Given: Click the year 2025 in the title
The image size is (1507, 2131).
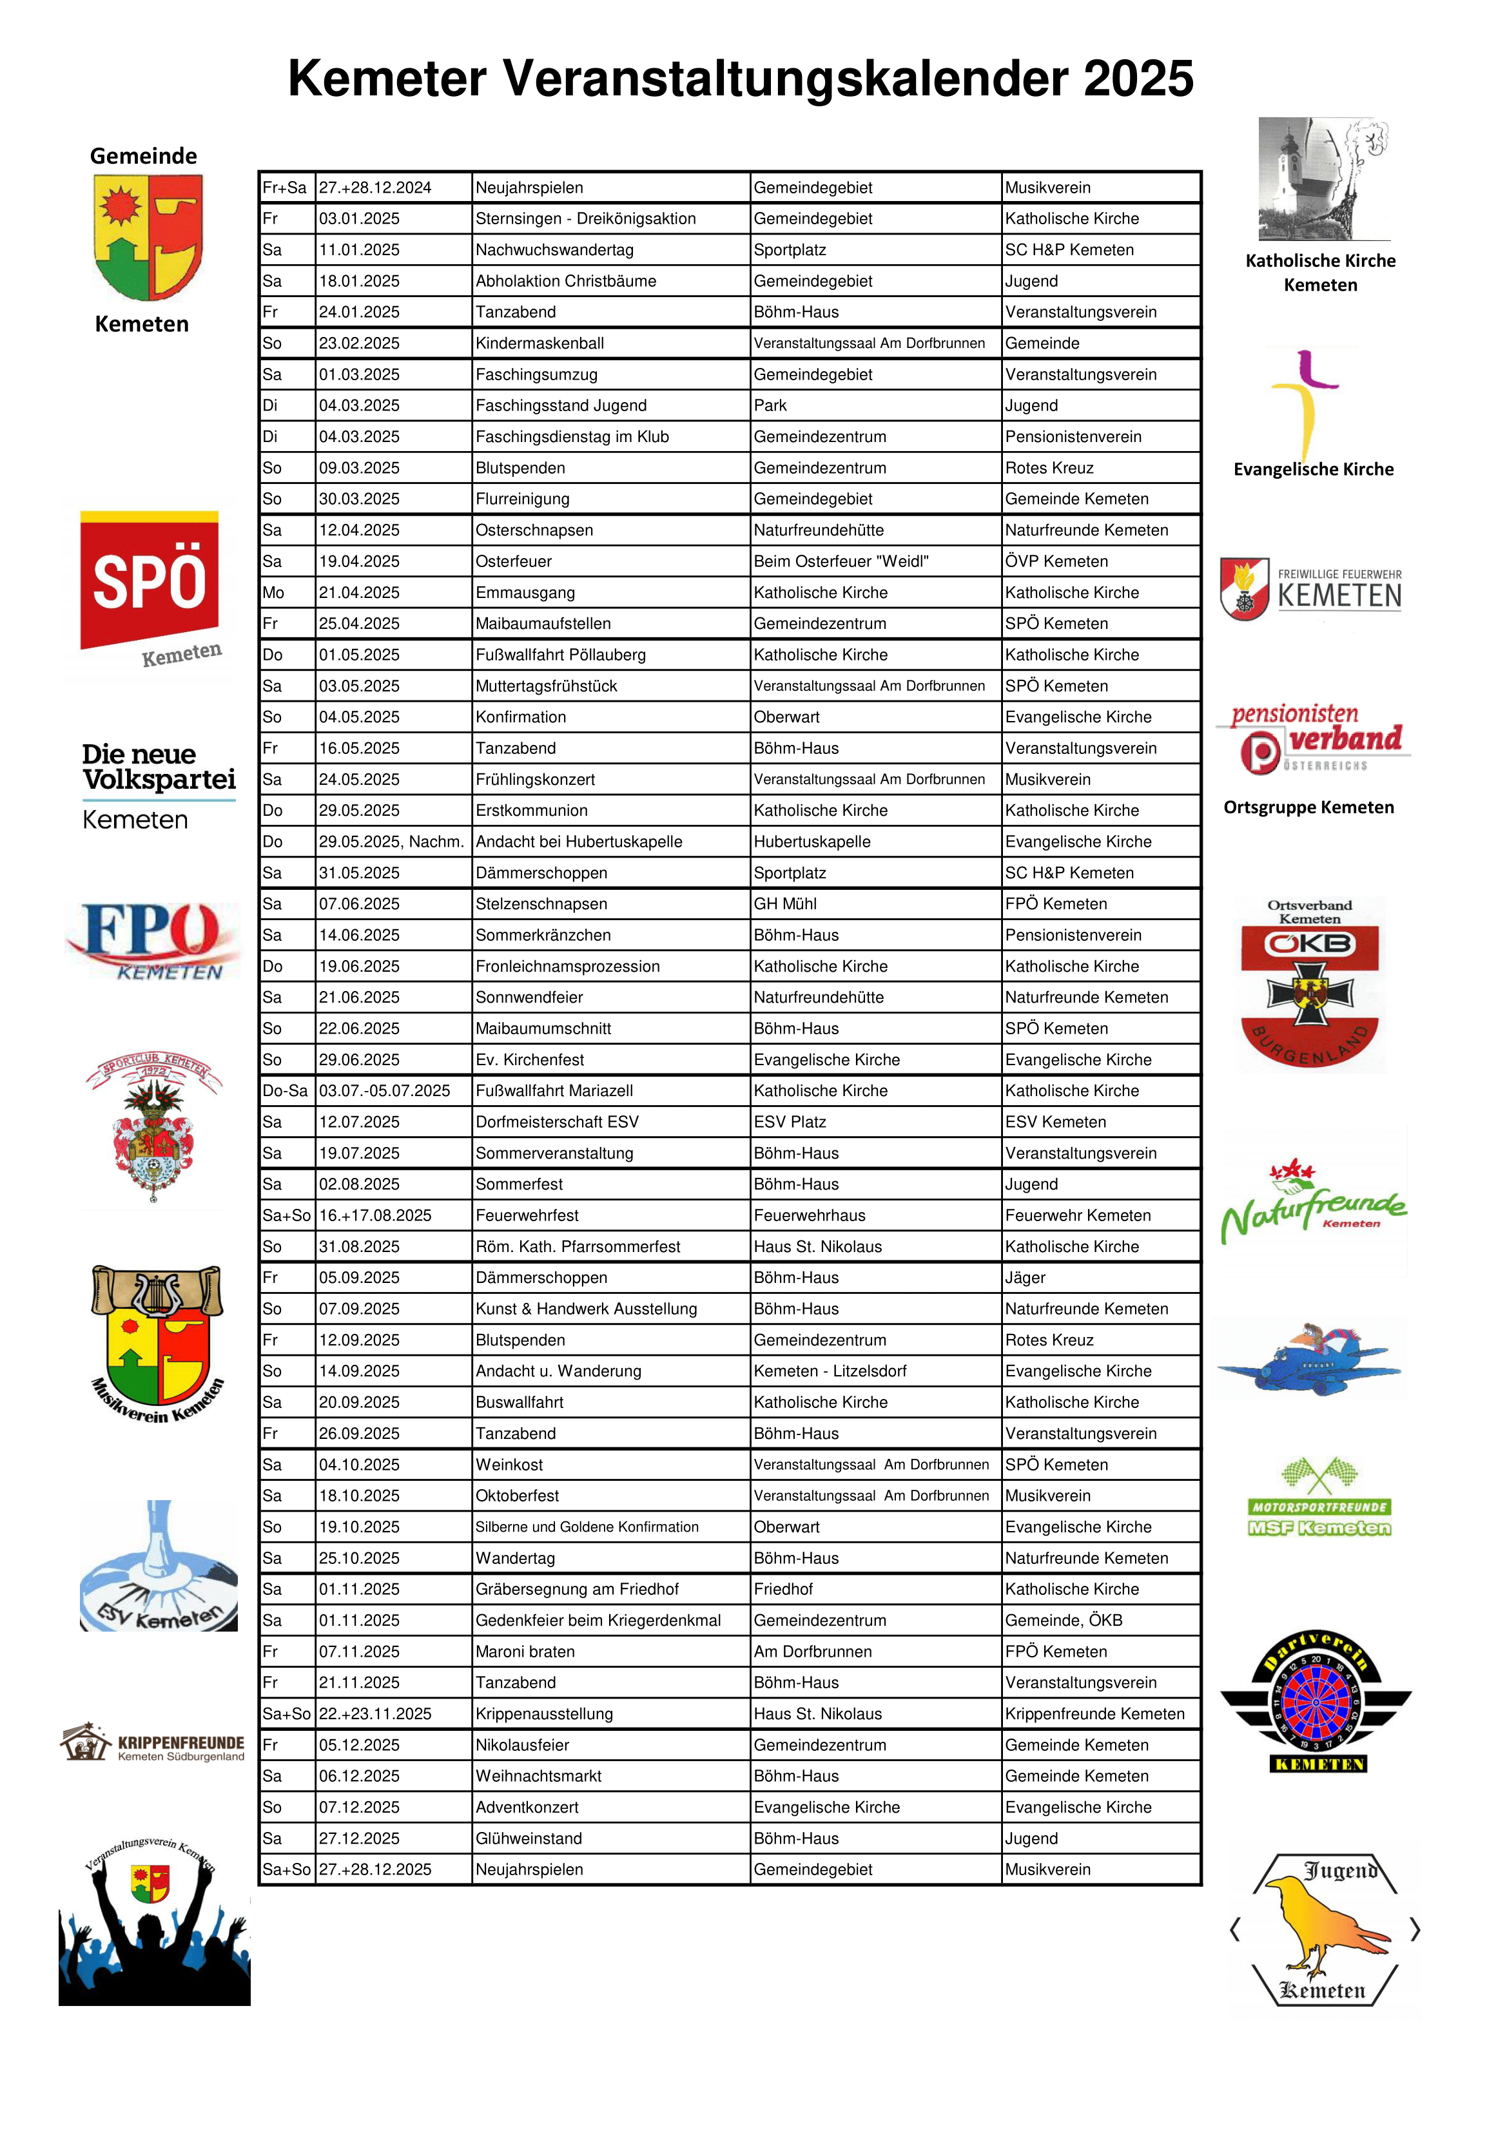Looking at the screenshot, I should coord(1138,78).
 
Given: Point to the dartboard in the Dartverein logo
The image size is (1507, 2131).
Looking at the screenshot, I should coord(1317,1703).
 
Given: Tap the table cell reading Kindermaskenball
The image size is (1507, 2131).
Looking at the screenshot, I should coord(540,343).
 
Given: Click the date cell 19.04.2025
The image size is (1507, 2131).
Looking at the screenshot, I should coord(359,561).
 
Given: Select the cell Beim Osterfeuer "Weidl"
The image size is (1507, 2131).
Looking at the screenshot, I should coord(841,561).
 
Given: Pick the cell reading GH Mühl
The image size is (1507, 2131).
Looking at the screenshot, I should coord(784,904).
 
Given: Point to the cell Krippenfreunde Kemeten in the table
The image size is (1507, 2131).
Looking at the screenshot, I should coord(1094,1714).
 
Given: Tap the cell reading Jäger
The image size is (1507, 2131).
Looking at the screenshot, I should coord(1025,1278).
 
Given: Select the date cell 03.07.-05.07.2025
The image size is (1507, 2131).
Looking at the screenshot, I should coord(384,1090).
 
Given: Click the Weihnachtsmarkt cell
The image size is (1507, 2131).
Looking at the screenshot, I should coord(539,1777).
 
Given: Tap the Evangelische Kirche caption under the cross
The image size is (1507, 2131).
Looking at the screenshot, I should coord(1313,470).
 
